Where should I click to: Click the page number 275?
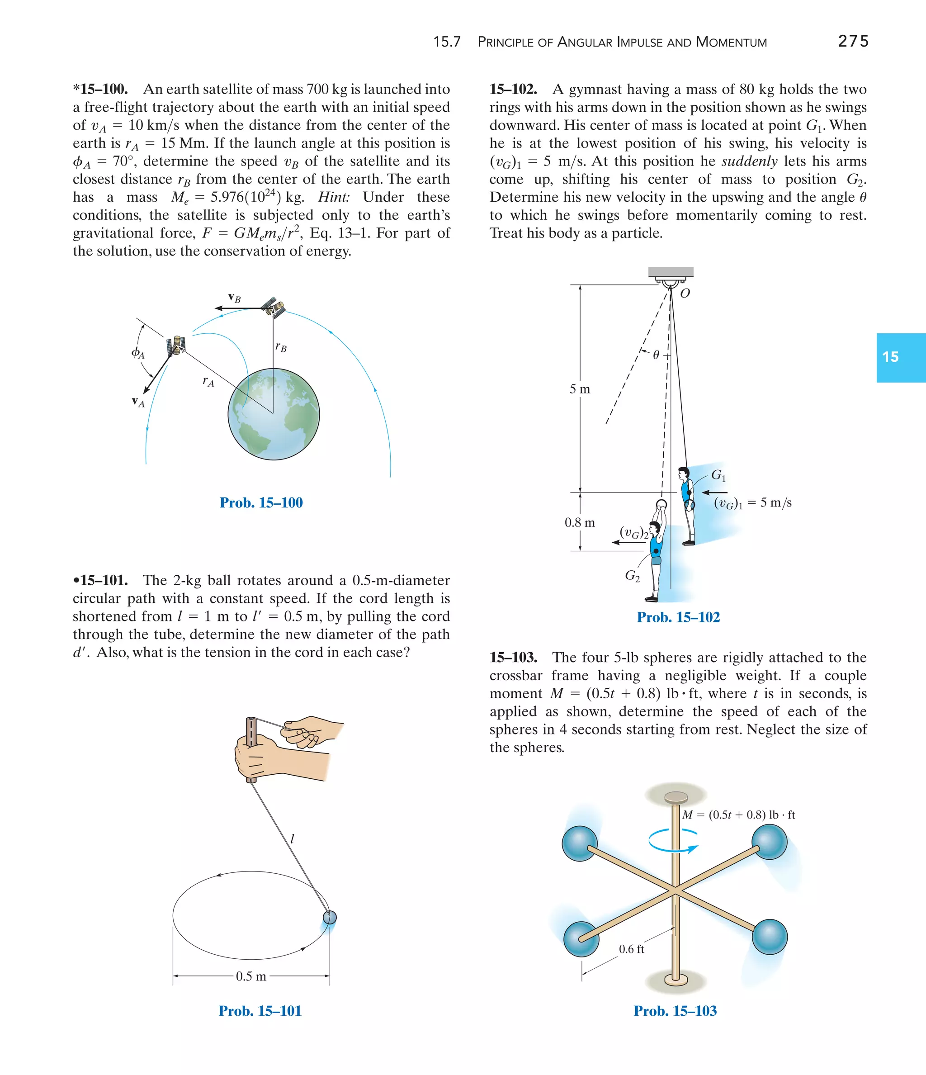[x=853, y=41]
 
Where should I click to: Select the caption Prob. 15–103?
[x=675, y=1011]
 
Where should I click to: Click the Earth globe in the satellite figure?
[x=274, y=414]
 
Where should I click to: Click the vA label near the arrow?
[x=137, y=402]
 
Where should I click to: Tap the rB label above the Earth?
[x=281, y=346]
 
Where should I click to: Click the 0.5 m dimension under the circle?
[x=251, y=976]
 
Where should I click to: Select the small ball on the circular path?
[x=330, y=917]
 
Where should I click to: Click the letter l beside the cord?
[x=292, y=838]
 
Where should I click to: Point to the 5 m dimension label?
[x=580, y=389]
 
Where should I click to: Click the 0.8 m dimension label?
[x=580, y=522]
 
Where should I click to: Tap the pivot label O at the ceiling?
[x=685, y=294]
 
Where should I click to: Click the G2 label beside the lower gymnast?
[x=632, y=575]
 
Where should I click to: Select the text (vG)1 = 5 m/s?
[x=752, y=503]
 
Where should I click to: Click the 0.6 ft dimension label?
[x=631, y=949]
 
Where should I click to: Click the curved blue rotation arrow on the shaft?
[x=673, y=840]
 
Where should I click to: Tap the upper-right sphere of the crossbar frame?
[x=770, y=842]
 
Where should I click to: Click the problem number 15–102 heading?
[x=513, y=89]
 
